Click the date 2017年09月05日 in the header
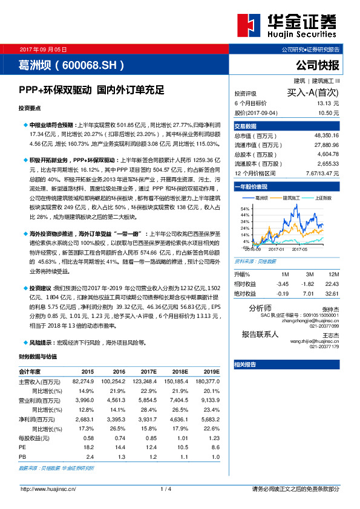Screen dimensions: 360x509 (43, 48)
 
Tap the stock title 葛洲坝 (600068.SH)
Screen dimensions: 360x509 (72, 65)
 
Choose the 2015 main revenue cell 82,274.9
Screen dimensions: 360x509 (83, 381)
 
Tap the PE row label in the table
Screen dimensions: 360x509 (22, 448)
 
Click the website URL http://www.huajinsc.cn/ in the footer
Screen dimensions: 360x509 (48, 488)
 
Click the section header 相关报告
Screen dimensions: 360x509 (245, 365)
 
